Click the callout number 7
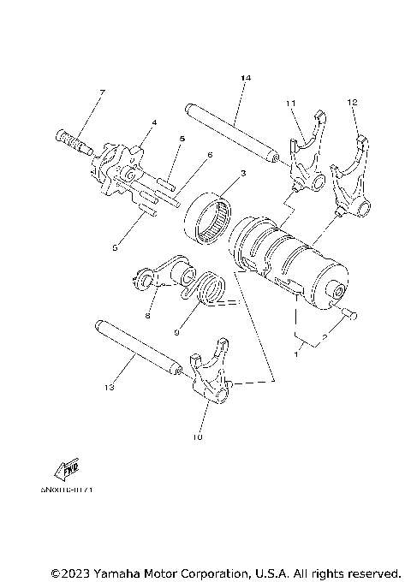pos(102,92)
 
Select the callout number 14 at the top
pos(246,79)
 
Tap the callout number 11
pos(291,104)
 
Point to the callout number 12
pos(352,104)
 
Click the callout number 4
pos(153,123)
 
